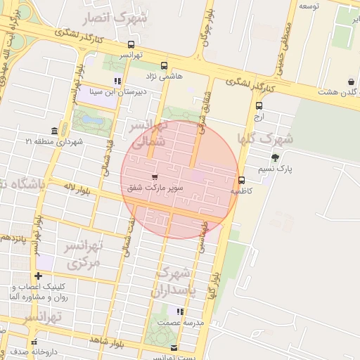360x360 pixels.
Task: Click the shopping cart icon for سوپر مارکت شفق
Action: click(x=154, y=176)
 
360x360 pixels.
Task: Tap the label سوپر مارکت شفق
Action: click(x=154, y=188)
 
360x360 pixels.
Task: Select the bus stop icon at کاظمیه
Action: click(x=242, y=179)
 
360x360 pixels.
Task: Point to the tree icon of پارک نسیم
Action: click(x=274, y=157)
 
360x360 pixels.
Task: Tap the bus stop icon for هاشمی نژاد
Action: click(x=164, y=65)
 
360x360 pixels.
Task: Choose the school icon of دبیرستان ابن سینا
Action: click(x=117, y=80)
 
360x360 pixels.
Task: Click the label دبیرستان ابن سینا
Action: click(x=117, y=91)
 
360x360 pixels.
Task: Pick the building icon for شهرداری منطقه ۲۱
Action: click(x=55, y=131)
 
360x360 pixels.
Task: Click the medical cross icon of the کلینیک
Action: click(x=39, y=276)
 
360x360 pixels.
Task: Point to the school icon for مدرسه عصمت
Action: click(x=180, y=311)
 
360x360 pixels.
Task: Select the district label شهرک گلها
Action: click(x=265, y=139)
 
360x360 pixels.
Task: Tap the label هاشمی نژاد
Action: click(x=164, y=75)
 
